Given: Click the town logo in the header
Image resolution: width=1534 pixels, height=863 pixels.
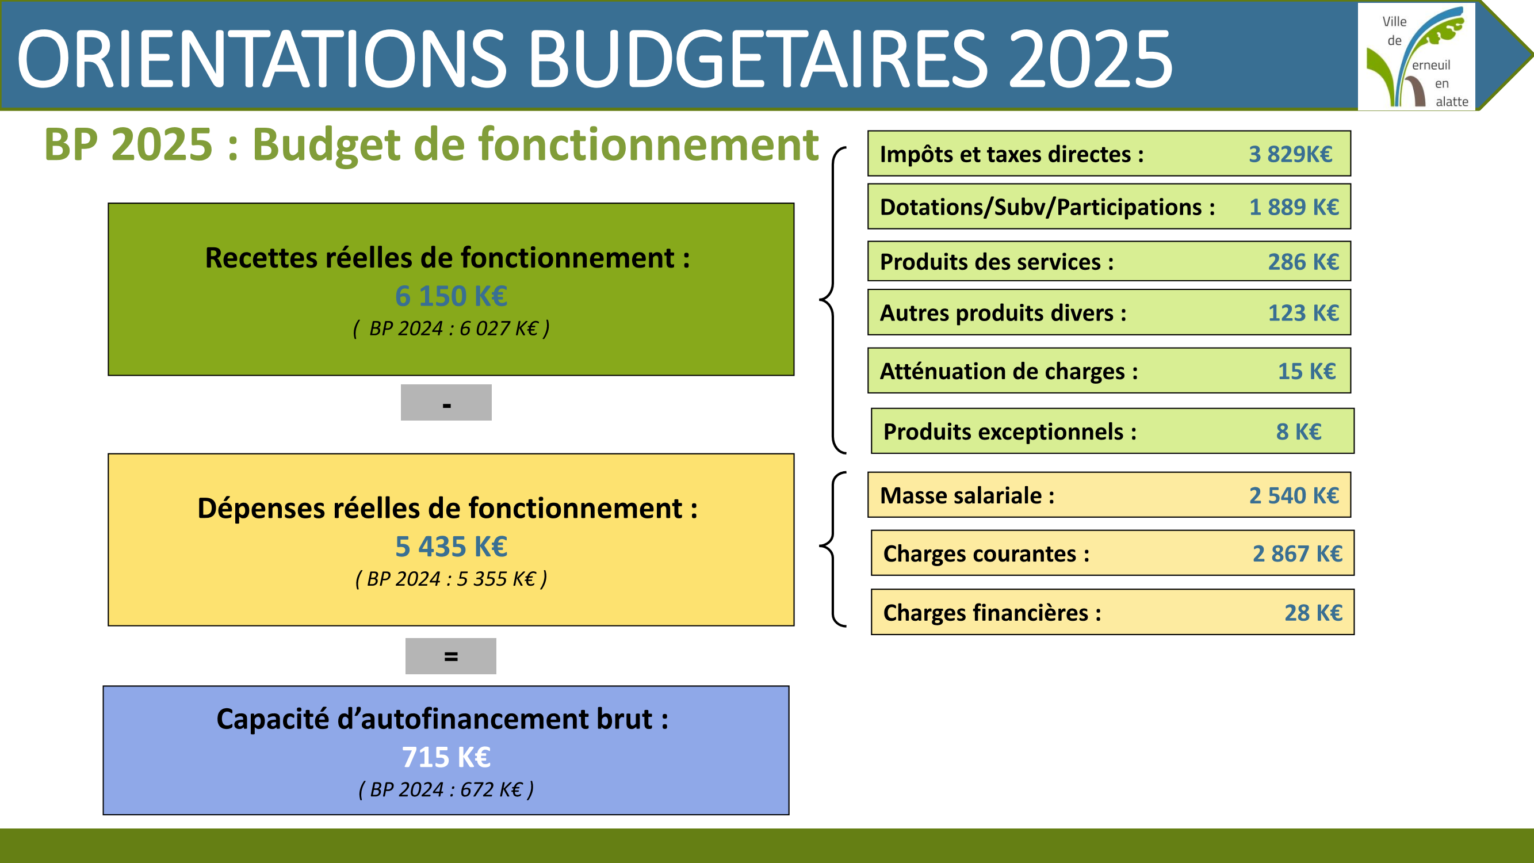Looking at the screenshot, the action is (x=1416, y=56).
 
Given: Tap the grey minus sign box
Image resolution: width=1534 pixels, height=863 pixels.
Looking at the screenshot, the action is (x=446, y=403).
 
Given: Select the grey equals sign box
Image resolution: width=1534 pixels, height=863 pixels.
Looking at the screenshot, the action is (x=451, y=656).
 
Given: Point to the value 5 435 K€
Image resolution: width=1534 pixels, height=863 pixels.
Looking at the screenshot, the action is (x=452, y=547).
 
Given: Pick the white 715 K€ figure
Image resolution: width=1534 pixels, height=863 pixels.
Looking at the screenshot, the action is (x=446, y=758).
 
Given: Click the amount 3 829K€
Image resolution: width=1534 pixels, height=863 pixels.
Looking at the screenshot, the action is (x=1291, y=154).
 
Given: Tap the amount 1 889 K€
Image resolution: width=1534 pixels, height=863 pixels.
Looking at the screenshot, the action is (x=1294, y=207).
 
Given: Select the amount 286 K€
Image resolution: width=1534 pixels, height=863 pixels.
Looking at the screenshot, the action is (x=1303, y=262).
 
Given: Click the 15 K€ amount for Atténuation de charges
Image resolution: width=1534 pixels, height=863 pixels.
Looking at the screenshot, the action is (x=1307, y=372).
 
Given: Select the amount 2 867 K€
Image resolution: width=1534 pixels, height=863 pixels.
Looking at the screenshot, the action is (x=1298, y=554).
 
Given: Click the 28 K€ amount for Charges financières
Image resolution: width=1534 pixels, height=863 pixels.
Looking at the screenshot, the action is (x=1314, y=613).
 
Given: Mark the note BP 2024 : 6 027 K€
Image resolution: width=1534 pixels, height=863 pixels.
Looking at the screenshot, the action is (x=452, y=329).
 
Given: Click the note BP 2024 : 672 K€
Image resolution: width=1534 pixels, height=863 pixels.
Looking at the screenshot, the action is (x=446, y=790).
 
